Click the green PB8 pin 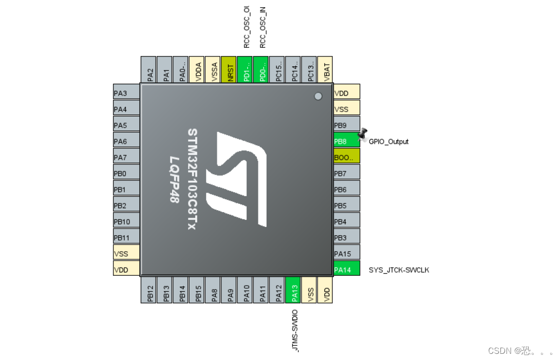point(346,141)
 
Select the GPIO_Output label point(388,142)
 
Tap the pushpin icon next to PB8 point(363,134)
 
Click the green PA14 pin point(346,270)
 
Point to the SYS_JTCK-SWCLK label point(399,270)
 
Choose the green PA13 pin point(293,290)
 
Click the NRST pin point(229,69)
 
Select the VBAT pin point(325,69)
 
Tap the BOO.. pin point(346,157)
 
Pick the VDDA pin point(197,69)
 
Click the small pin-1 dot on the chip point(318,96)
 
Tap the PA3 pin point(126,93)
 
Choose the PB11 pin point(126,238)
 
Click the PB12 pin point(149,290)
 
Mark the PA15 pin point(346,254)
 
